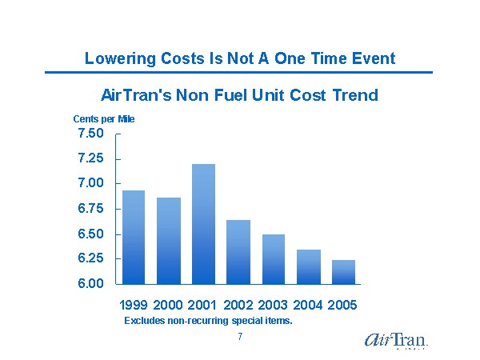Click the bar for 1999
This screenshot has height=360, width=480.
134,238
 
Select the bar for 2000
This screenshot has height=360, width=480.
169,241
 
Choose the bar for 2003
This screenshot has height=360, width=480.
274,259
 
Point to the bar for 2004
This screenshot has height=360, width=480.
309,267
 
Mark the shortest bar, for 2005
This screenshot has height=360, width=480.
344,272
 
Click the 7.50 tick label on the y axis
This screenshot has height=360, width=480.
90,134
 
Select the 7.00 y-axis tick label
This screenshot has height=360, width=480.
90,183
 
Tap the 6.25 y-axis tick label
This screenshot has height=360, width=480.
90,258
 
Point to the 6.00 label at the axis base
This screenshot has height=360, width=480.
90,284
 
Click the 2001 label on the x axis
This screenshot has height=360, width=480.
203,306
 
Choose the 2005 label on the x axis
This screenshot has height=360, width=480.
342,306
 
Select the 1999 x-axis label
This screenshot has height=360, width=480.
134,306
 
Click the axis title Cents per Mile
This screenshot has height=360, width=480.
104,118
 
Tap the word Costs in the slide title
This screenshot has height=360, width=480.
182,59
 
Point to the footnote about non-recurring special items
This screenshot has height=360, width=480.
208,321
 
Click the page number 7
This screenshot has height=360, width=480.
240,337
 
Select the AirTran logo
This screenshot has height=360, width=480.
395,340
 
